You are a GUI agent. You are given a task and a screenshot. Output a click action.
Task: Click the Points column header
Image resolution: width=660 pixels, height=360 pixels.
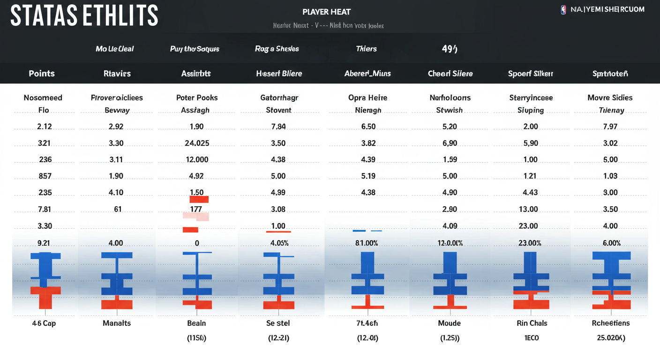(42, 74)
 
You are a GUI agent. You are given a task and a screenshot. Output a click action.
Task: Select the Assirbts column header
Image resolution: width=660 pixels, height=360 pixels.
(196, 74)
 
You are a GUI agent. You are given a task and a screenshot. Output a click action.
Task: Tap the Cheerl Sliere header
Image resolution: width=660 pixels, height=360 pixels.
(450, 74)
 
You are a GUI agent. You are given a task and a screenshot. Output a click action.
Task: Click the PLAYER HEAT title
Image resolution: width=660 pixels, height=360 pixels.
(327, 12)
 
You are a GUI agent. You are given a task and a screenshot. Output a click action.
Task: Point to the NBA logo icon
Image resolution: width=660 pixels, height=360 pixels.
(563, 9)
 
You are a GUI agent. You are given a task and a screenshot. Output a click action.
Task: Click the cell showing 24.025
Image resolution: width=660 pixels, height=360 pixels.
(197, 143)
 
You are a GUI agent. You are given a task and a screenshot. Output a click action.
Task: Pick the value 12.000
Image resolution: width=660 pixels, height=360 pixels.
(197, 159)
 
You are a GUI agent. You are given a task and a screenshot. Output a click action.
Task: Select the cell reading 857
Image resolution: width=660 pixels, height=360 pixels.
(45, 176)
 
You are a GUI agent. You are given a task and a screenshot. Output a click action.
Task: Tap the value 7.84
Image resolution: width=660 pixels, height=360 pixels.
(278, 127)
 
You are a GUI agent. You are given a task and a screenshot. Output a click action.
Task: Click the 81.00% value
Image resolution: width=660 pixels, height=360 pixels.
(367, 243)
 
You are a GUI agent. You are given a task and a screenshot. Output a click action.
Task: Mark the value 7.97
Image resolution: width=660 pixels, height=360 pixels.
(610, 127)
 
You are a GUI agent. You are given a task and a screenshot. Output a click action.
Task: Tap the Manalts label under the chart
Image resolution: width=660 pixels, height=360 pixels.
(117, 323)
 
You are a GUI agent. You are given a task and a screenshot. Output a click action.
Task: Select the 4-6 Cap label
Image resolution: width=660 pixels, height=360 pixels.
(44, 323)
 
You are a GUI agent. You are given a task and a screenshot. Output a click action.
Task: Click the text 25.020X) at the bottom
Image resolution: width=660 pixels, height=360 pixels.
(610, 337)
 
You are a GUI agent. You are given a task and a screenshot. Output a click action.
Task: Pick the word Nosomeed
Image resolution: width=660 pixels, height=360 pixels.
(43, 97)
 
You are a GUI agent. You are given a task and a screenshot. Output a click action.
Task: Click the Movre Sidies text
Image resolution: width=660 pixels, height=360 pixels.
(610, 97)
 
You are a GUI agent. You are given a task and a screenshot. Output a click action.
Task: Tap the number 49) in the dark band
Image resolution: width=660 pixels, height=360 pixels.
(450, 49)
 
